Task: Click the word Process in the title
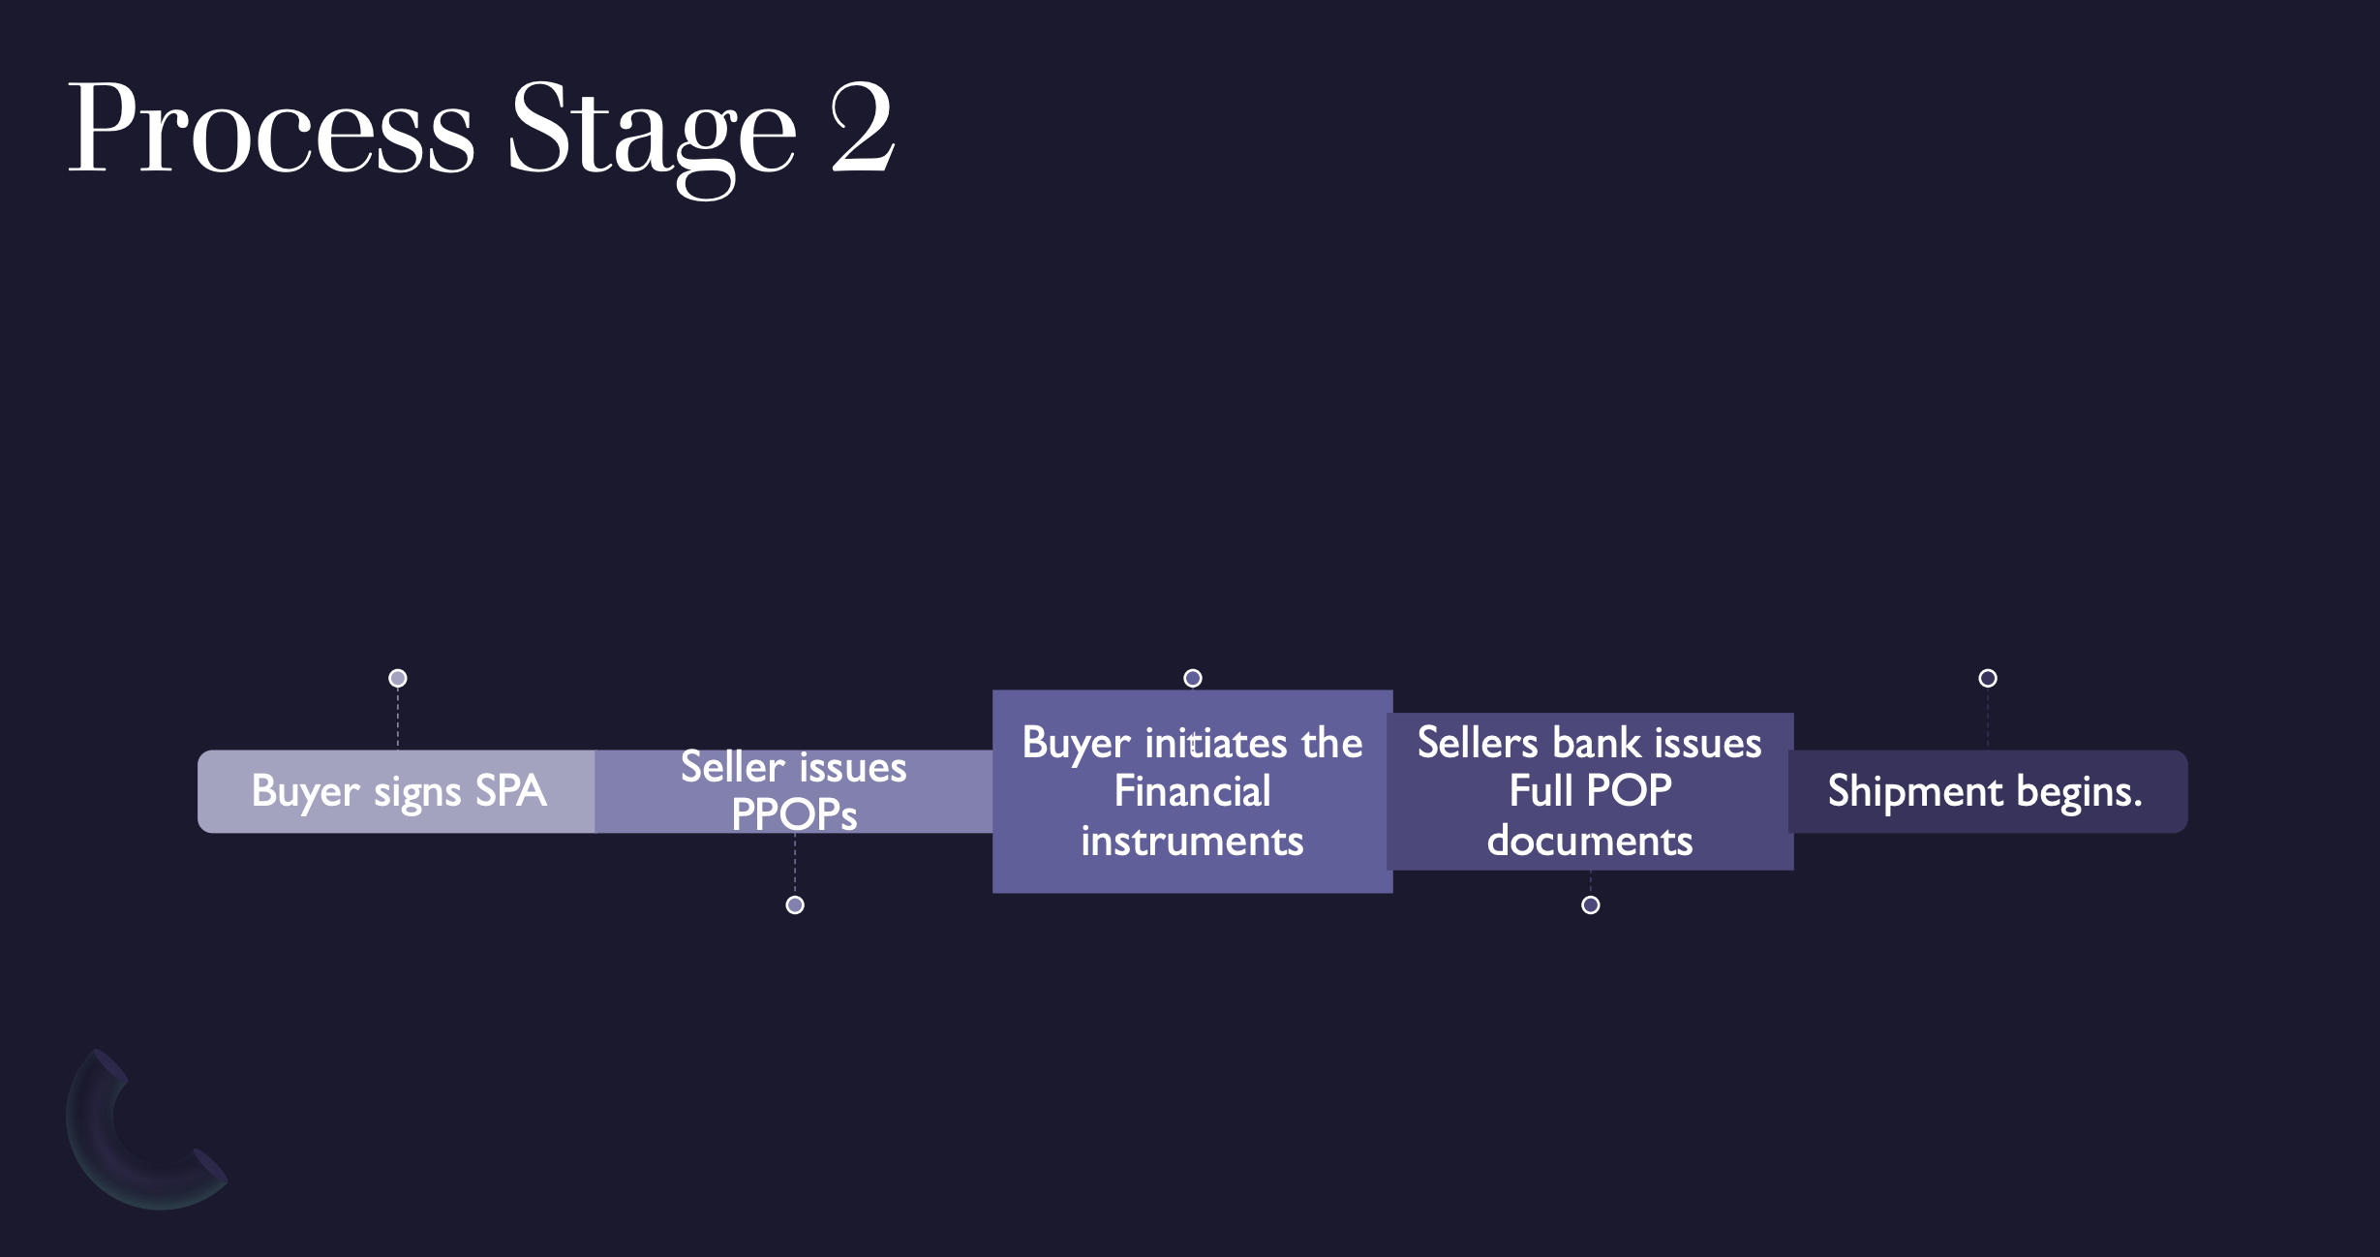(x=270, y=129)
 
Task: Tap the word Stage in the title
(x=652, y=132)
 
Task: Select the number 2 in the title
(x=862, y=129)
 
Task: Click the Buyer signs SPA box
(x=397, y=791)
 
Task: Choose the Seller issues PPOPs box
(x=794, y=791)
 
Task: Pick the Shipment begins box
(x=1987, y=791)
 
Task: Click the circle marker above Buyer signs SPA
(x=398, y=678)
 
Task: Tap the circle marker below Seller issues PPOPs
(x=795, y=904)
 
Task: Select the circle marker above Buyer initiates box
(x=1193, y=678)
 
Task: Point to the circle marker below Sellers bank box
(x=1590, y=904)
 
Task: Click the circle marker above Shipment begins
(x=1988, y=678)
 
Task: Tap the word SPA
(x=510, y=791)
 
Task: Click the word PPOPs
(x=794, y=814)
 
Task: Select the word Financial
(x=1192, y=791)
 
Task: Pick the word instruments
(x=1192, y=841)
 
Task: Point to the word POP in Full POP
(x=1630, y=791)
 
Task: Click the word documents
(x=1590, y=841)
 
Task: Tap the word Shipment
(x=1914, y=791)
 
